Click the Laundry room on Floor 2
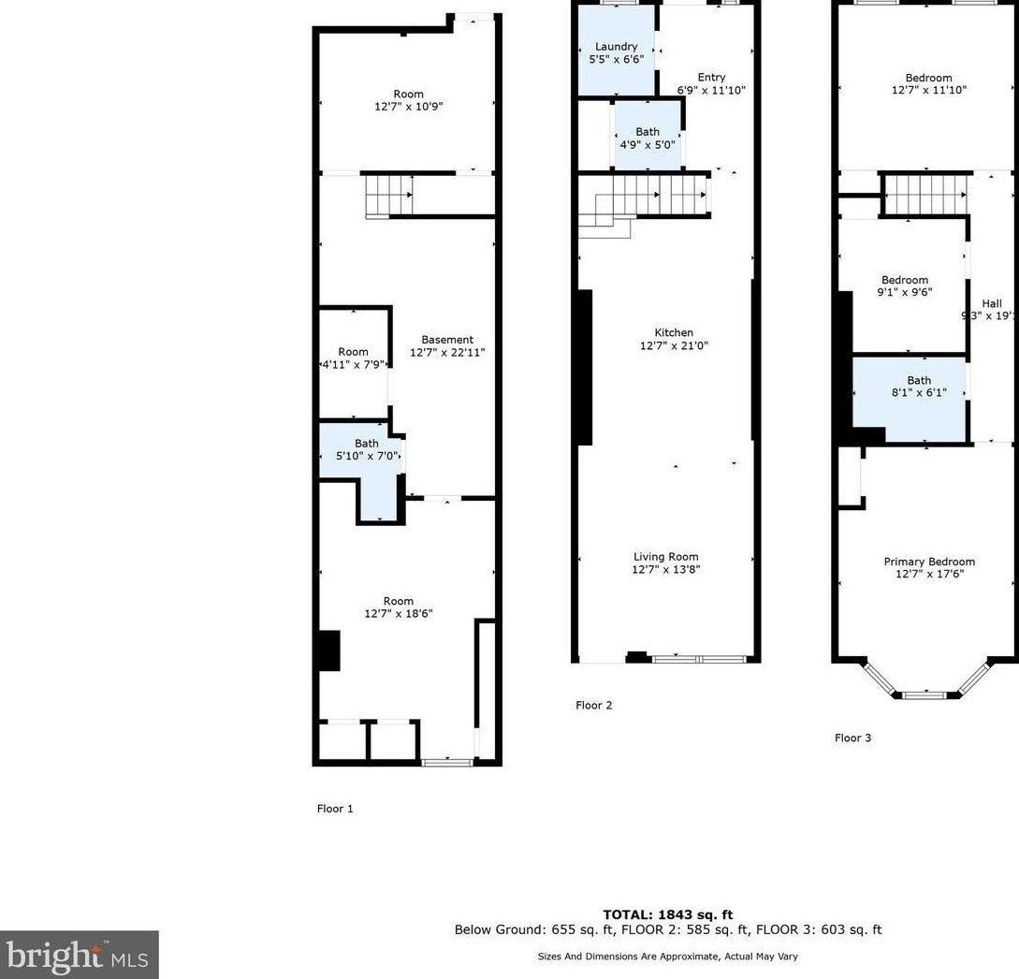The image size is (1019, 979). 617,51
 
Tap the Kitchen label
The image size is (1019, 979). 674,333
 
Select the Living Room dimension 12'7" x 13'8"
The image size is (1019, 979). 666,569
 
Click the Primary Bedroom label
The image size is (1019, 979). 929,562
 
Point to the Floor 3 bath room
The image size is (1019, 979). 910,398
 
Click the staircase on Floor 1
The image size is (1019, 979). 388,196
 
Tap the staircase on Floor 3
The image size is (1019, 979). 925,194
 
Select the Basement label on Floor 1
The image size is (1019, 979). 447,340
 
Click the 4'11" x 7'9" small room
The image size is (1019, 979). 354,363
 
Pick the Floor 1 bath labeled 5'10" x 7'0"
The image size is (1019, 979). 361,460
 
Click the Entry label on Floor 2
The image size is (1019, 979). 711,78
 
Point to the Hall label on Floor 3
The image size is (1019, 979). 992,303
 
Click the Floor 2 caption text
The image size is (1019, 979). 594,706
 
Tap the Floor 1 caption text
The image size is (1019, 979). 335,809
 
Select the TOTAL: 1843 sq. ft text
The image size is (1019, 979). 668,914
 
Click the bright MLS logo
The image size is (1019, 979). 80,955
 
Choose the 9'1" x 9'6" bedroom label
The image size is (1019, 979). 905,286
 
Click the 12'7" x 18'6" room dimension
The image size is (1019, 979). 399,614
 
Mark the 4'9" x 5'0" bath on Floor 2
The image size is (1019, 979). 648,137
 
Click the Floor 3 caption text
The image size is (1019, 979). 852,738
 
